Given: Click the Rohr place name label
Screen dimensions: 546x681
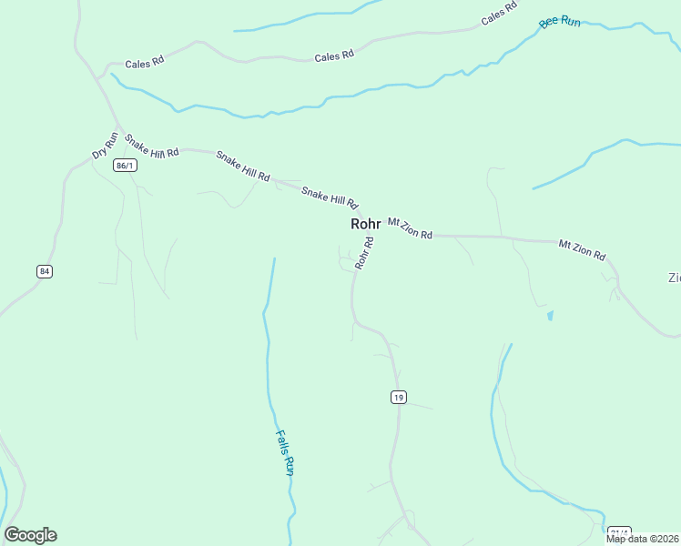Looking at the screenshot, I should [x=365, y=224].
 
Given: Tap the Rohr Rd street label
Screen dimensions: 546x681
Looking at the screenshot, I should [x=365, y=253].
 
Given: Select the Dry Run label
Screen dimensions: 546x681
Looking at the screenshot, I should [x=106, y=146].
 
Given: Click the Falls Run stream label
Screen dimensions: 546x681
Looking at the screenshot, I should [x=284, y=453].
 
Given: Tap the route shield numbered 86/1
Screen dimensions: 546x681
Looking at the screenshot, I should [x=126, y=166].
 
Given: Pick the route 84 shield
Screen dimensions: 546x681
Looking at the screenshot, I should [x=45, y=271].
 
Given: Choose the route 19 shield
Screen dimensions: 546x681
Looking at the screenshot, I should [x=398, y=397].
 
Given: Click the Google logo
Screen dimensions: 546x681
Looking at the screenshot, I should [x=30, y=535].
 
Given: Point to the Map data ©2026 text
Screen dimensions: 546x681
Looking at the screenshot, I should [x=643, y=539].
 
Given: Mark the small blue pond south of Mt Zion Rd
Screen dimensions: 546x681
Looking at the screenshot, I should [x=550, y=317].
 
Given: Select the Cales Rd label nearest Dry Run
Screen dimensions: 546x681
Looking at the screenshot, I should [x=144, y=62].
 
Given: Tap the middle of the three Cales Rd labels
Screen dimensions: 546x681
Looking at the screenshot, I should [x=333, y=56].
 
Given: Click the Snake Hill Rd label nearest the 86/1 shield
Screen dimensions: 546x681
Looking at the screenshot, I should [x=151, y=146].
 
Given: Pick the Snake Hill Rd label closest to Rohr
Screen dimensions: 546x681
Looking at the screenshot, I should [x=330, y=197].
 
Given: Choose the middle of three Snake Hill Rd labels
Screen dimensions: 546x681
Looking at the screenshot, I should [x=242, y=167].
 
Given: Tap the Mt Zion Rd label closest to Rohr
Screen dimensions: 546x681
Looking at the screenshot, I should [x=410, y=227].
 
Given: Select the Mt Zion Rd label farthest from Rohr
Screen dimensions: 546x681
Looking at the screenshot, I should [x=582, y=250].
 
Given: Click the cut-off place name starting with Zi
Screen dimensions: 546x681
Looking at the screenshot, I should [x=674, y=278].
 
